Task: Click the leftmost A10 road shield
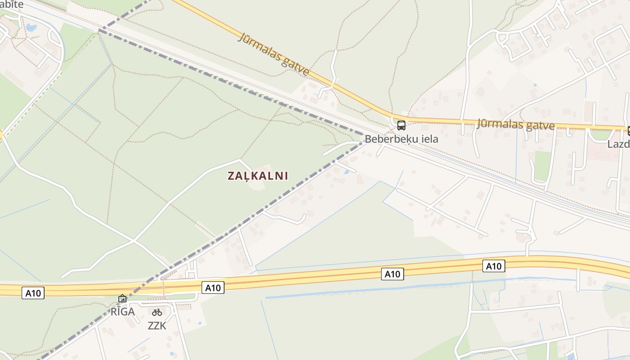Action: [33, 293]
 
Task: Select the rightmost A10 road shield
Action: [493, 266]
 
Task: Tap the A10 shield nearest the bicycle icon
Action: [213, 288]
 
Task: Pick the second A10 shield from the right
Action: [392, 274]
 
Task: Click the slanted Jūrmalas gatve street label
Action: [274, 54]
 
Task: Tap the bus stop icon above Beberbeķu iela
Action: [401, 126]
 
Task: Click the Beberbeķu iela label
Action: [401, 139]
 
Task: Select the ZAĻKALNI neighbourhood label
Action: [257, 176]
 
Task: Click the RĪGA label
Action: [123, 311]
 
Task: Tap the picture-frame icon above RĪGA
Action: [122, 298]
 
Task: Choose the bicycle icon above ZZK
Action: [157, 312]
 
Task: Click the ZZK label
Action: [157, 325]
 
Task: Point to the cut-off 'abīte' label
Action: [12, 4]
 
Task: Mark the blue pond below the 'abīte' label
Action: [31, 27]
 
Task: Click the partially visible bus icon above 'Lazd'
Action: [628, 131]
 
